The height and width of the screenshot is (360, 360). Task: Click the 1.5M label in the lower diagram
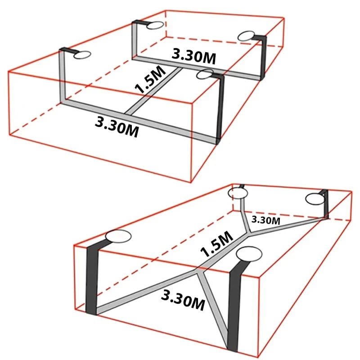[216, 244]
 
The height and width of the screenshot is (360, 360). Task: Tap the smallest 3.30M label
[266, 220]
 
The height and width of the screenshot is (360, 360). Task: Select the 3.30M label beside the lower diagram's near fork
[183, 300]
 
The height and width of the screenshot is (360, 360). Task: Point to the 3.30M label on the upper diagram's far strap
[194, 57]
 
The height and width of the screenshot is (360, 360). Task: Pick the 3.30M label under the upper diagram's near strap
[117, 127]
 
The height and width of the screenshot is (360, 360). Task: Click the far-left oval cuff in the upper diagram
[155, 25]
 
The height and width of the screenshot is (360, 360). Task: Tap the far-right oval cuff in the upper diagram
[246, 36]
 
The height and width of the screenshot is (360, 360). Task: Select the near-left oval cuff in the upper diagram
[82, 54]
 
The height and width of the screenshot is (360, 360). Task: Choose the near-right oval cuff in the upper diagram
[205, 74]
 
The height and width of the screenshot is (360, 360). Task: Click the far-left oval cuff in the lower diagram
[238, 193]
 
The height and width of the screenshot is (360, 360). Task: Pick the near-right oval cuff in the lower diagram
[249, 254]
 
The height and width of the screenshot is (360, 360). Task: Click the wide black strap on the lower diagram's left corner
[92, 277]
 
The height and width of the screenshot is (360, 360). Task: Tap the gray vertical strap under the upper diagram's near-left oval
[63, 76]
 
